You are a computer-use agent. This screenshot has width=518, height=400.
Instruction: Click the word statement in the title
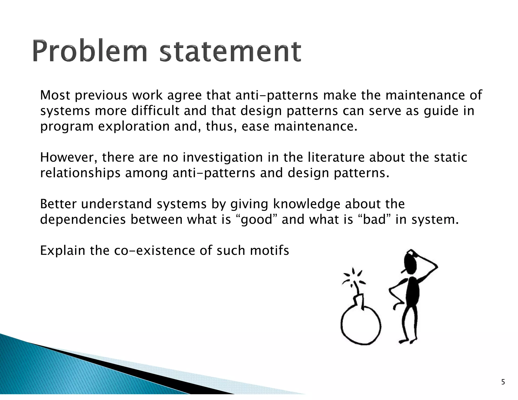(230, 52)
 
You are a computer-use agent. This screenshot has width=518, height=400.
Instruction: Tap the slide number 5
(503, 382)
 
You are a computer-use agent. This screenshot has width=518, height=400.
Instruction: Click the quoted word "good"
(257, 220)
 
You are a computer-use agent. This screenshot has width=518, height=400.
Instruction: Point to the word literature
(336, 158)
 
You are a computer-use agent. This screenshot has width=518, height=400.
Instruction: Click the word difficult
(155, 111)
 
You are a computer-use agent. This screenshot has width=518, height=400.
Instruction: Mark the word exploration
(134, 127)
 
